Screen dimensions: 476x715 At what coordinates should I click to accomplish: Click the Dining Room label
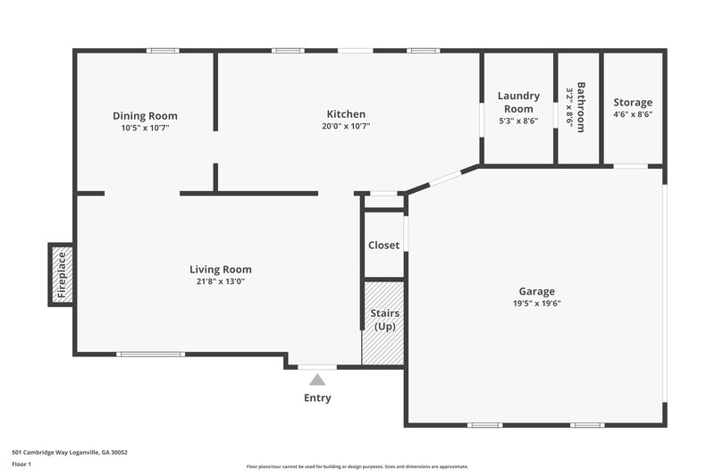pos(145,115)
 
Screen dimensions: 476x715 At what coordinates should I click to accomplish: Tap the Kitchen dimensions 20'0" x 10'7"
pos(346,126)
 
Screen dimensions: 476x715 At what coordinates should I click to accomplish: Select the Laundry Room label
pos(518,102)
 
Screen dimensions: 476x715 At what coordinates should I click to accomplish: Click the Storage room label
pos(633,103)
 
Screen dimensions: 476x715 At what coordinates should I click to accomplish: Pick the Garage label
pos(537,291)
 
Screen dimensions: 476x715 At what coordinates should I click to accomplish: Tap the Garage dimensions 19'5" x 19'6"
pos(537,303)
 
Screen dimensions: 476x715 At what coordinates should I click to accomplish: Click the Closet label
pos(383,245)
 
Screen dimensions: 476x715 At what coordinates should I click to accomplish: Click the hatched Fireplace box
pos(62,274)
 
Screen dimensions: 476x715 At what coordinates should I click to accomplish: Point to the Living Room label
pos(221,269)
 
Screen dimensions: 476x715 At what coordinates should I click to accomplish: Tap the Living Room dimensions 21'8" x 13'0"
pos(221,281)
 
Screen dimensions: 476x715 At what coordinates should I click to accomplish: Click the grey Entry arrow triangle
pos(317,380)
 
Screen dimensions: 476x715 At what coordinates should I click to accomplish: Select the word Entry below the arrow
pos(317,398)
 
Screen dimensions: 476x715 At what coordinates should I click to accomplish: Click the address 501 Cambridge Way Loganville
pos(70,453)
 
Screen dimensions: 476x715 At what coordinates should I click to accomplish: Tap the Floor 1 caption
pos(21,464)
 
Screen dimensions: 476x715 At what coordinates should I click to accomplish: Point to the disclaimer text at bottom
pos(357,466)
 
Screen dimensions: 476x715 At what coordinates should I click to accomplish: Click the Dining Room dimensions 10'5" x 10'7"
pos(145,128)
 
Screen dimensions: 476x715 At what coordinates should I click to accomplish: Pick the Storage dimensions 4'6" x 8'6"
pos(633,114)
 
